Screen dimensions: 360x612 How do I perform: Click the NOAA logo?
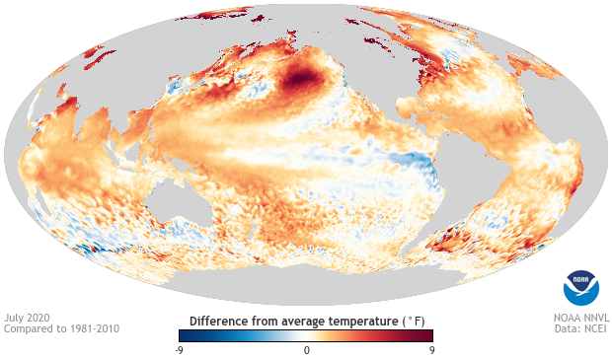(x=580, y=286)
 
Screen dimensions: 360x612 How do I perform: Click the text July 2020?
(x=28, y=319)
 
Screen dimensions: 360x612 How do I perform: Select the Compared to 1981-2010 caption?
(x=61, y=329)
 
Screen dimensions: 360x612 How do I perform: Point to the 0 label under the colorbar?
(x=306, y=350)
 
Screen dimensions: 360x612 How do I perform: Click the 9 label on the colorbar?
(x=430, y=350)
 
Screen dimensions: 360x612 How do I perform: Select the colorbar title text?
(x=306, y=322)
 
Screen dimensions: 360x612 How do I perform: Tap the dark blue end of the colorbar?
(x=170, y=336)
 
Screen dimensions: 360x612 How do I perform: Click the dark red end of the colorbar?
(x=428, y=336)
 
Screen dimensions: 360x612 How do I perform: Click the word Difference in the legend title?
(x=220, y=322)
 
